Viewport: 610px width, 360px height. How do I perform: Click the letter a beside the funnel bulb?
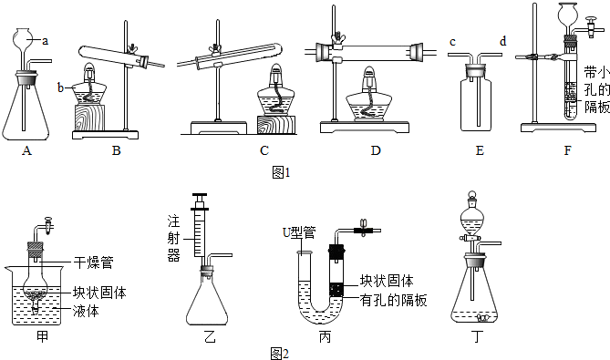45,40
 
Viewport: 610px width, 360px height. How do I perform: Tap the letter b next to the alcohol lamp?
60,87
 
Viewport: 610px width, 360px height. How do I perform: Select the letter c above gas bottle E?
452,42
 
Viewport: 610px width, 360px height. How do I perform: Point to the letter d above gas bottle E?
503,41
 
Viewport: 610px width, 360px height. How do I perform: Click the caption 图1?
281,172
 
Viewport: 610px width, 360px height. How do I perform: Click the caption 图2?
279,354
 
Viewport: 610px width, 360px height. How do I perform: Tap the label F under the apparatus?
567,150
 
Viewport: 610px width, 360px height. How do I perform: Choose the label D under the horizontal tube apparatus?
376,150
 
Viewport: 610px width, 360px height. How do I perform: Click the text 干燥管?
93,263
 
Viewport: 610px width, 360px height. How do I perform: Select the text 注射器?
174,238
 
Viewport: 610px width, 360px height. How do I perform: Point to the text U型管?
299,233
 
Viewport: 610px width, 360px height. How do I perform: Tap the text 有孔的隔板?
393,300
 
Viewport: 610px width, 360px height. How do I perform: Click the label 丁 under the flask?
477,336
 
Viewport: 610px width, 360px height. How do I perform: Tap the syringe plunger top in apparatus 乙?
200,195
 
